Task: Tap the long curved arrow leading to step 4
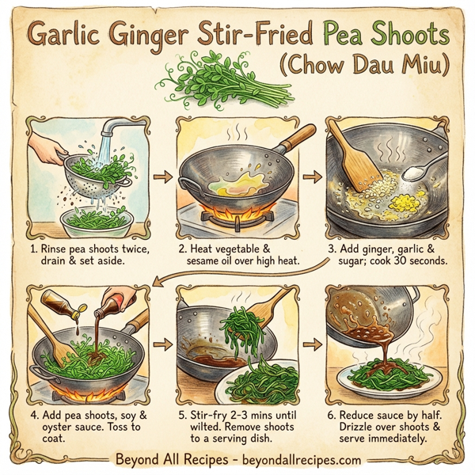[x=237, y=272]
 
